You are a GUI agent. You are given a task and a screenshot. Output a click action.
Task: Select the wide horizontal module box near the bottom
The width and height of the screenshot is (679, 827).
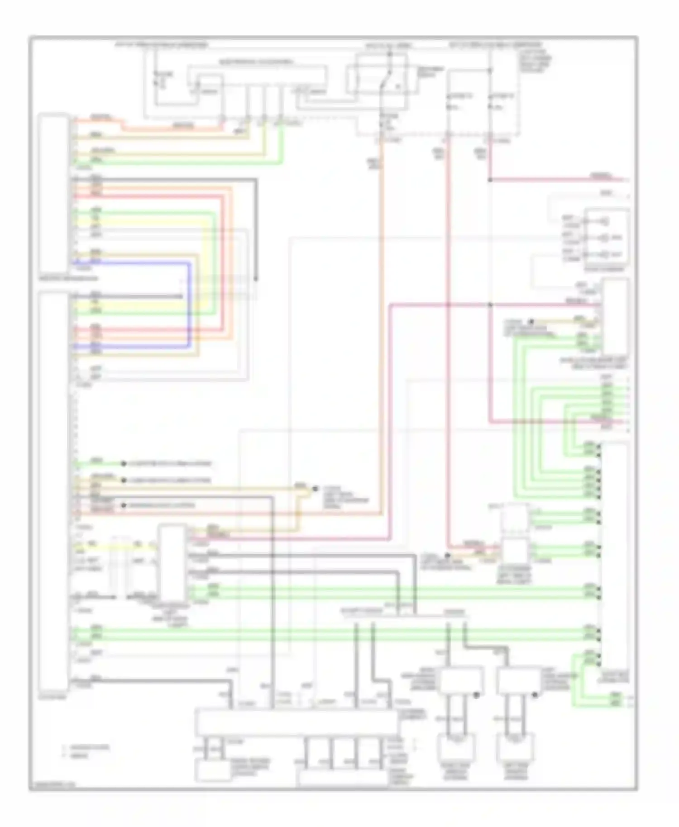click(296, 722)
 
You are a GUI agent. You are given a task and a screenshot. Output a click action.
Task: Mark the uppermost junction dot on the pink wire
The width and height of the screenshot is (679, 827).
click(490, 180)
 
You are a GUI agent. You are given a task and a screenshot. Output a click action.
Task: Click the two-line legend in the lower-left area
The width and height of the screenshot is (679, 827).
click(86, 751)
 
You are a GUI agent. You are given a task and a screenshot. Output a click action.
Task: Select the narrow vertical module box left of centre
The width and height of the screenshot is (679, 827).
click(172, 563)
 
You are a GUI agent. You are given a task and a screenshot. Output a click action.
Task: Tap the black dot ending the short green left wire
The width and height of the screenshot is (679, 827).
click(123, 464)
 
